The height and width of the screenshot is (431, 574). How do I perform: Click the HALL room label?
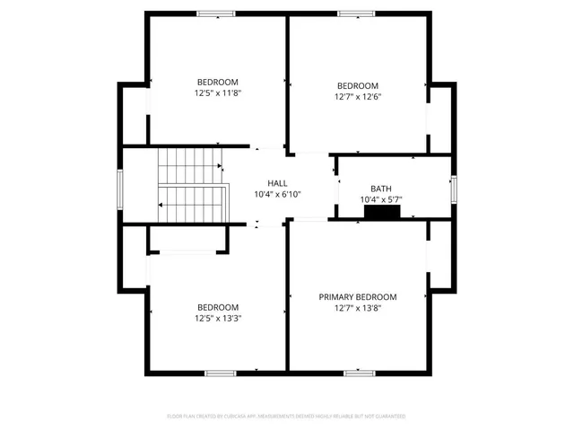pos(265,183)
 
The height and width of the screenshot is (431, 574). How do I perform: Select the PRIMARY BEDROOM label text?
pos(357,296)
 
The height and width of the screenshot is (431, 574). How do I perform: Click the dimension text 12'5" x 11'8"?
pos(217,92)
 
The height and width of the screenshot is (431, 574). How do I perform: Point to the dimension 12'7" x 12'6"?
pos(357,97)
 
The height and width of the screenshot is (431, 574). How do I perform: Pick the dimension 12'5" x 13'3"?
pos(217,317)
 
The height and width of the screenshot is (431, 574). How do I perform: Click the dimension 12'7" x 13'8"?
pos(357,308)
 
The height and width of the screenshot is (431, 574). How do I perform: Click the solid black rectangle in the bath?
pos(382,212)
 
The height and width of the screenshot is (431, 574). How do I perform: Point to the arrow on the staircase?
pos(161,206)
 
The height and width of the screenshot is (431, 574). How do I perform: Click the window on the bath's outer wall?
pos(454,188)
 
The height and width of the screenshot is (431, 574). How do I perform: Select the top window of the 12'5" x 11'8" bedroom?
pos(216,13)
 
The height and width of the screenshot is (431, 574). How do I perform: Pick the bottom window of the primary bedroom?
pos(359,372)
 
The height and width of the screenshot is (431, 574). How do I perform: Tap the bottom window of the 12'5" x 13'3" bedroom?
pos(220,372)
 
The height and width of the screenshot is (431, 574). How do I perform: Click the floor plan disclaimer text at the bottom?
pos(286,417)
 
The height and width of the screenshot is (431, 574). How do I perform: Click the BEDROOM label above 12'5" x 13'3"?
pos(217,306)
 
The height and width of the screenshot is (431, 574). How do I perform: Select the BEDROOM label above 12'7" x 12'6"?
pos(357,86)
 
